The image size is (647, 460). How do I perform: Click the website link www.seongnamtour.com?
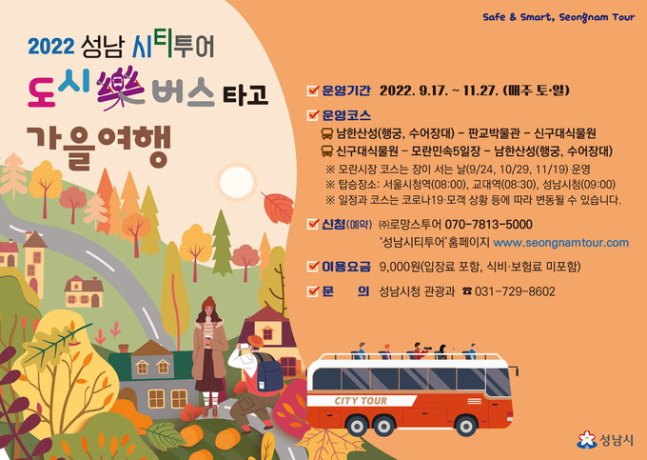560,243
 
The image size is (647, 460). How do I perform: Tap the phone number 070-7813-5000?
488,224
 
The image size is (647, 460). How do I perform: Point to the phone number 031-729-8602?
515,291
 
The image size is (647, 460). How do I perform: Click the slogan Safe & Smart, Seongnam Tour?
559,17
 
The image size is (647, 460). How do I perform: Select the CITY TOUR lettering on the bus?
361,401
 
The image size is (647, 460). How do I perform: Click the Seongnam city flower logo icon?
586,440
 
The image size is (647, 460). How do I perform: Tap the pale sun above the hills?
236,182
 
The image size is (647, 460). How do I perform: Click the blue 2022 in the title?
51,47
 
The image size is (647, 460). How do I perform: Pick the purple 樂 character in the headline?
121,88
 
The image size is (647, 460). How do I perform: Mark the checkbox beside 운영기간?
313,90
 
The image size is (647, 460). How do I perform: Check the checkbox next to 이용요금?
313,267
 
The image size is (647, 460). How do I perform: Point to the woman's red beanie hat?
208,303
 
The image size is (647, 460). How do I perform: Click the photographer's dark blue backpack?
268,370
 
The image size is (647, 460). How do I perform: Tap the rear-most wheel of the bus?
357,426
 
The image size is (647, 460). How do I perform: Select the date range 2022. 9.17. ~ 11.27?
439,90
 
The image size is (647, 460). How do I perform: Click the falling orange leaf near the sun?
278,208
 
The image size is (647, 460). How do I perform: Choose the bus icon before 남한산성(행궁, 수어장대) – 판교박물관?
326,133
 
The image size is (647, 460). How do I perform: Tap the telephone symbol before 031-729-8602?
466,291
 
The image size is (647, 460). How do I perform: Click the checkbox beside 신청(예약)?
313,224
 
